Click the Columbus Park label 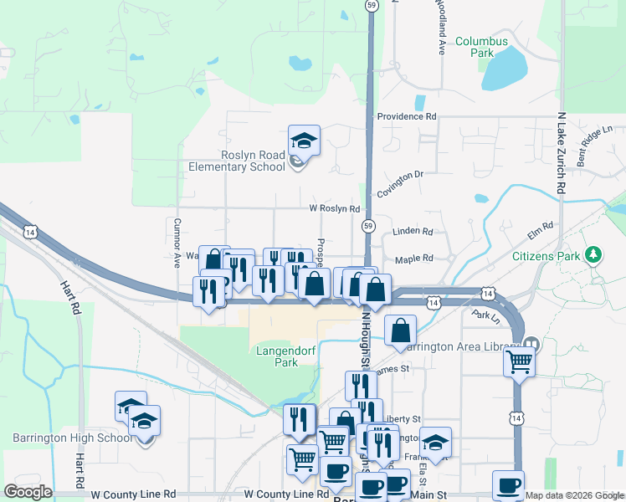[x=481, y=46]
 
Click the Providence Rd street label [x=407, y=117]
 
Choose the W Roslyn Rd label [x=334, y=208]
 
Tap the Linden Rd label [x=413, y=231]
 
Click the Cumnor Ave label [x=177, y=243]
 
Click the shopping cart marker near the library [x=520, y=363]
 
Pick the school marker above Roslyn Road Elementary [x=304, y=141]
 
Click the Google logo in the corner [x=28, y=491]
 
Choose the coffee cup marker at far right [x=507, y=485]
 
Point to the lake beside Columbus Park [x=504, y=69]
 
